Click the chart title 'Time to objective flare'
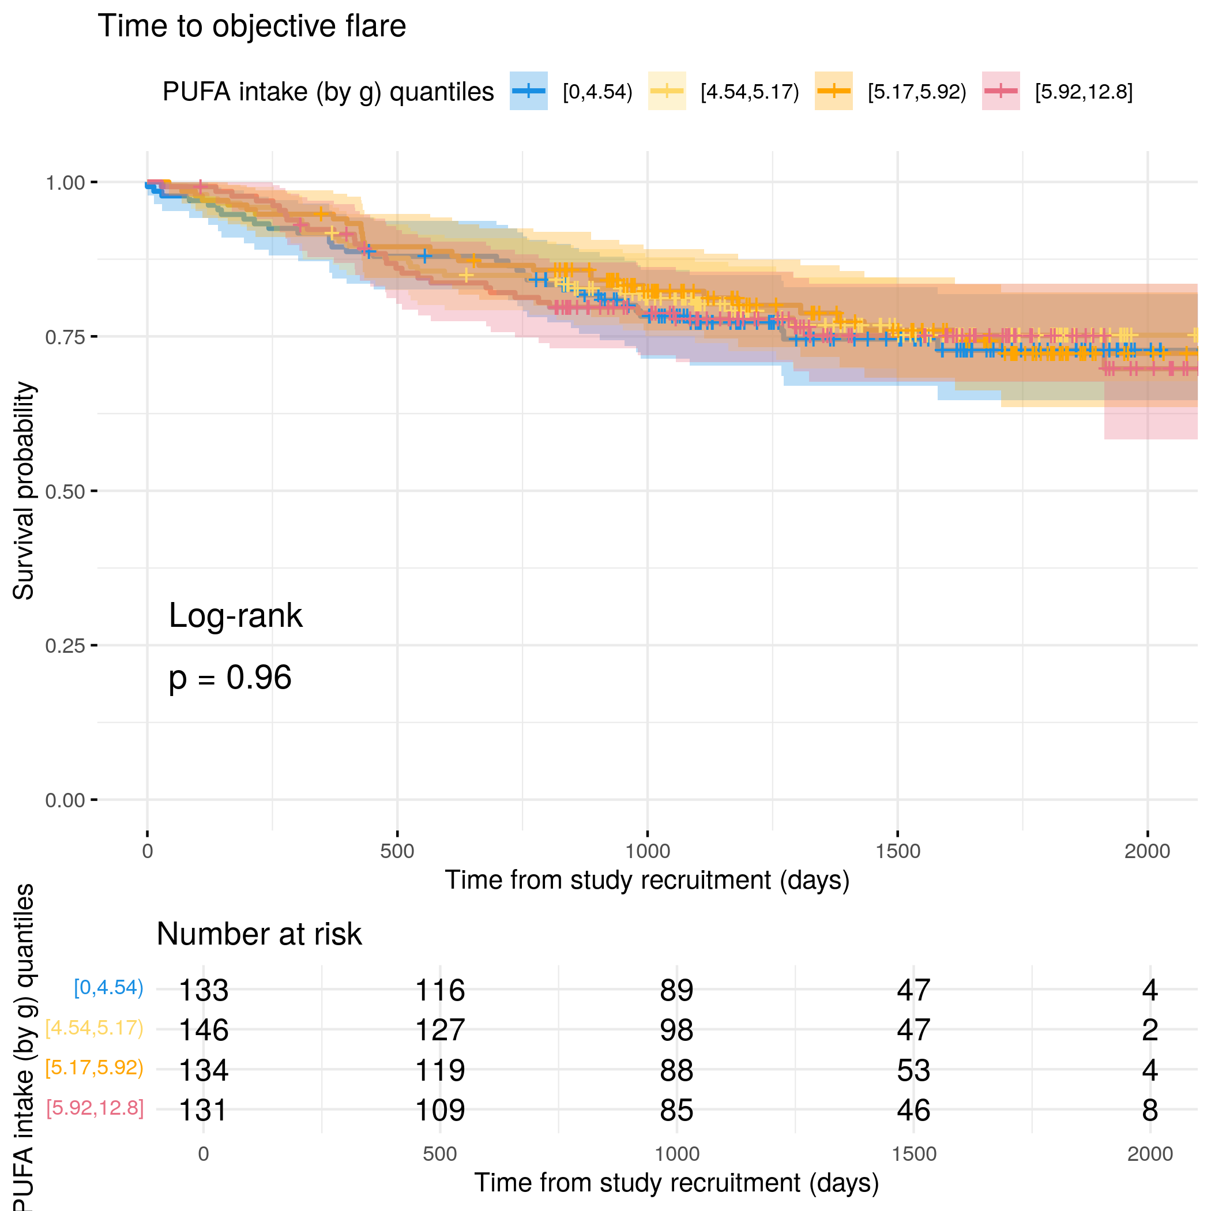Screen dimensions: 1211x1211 click(251, 27)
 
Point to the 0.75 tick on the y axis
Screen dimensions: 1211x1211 click(94, 337)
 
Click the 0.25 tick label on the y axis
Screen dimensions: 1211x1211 click(65, 646)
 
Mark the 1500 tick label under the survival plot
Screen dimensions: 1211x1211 click(898, 851)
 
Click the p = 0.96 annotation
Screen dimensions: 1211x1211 click(230, 678)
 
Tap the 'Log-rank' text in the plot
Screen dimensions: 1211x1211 click(235, 615)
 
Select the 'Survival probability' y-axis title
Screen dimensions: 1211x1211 click(24, 491)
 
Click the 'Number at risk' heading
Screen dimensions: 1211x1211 click(259, 934)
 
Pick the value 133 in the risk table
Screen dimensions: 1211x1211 click(203, 990)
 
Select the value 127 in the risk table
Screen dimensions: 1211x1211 click(440, 1030)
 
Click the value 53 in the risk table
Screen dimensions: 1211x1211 click(913, 1070)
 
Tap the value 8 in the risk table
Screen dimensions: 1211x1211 click(1149, 1110)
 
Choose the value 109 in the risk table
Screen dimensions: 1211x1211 click(440, 1110)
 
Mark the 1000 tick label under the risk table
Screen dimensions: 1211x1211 click(677, 1154)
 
